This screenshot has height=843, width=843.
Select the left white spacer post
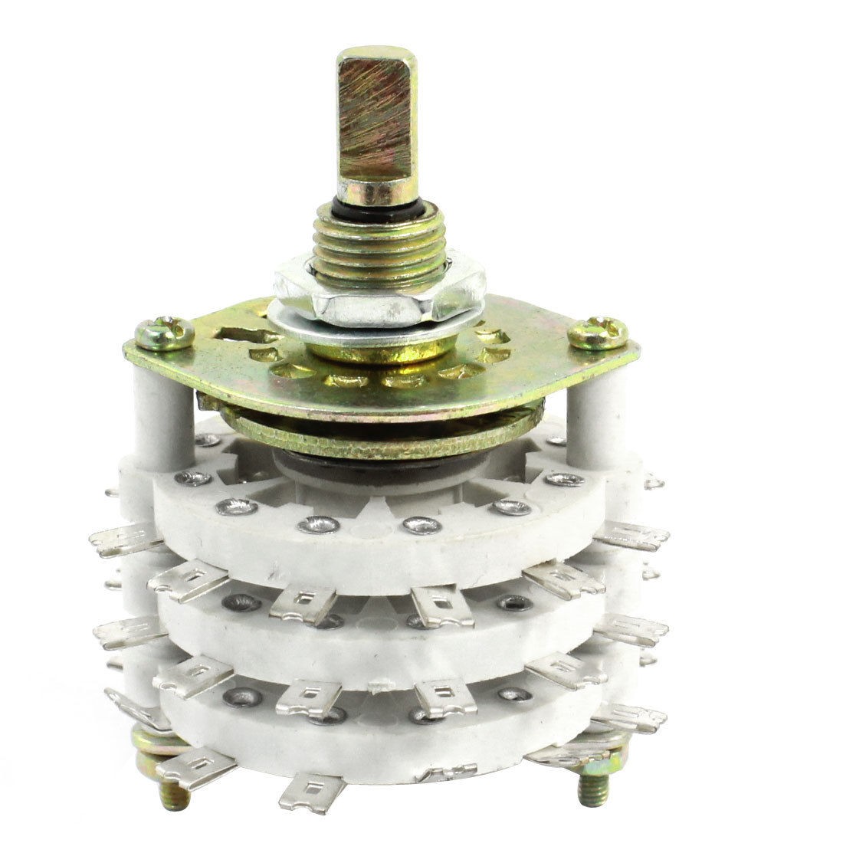[165, 406]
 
